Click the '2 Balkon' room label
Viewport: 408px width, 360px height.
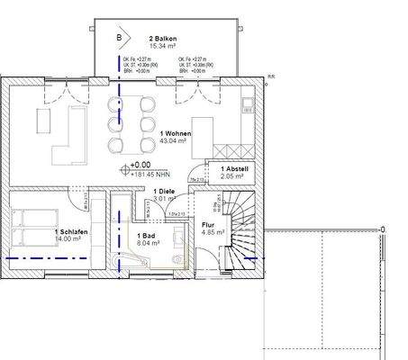click(163, 39)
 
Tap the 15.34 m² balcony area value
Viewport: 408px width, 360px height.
click(162, 47)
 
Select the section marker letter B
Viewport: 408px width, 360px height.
click(117, 38)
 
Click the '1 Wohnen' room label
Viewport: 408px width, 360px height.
click(174, 133)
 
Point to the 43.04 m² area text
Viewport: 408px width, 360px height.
click(172, 141)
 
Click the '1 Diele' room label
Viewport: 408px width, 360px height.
click(164, 192)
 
